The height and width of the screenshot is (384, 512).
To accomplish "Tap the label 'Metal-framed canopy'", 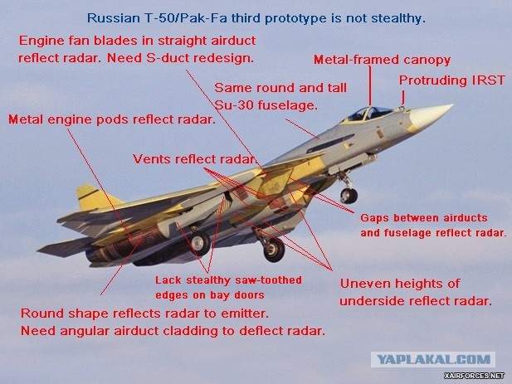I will tap(381, 60).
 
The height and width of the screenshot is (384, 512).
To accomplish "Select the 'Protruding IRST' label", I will tap(453, 80).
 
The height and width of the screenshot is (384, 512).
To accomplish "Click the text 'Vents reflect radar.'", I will tap(195, 159).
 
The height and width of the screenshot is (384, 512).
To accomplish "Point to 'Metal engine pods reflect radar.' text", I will tap(111, 119).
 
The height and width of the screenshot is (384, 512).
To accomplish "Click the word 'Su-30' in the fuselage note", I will tap(232, 106).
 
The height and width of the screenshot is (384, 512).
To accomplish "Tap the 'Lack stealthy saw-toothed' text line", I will tap(228, 280).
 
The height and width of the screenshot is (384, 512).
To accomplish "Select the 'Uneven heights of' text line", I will tap(400, 284).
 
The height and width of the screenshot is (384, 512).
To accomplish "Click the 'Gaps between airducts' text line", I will tap(423, 217).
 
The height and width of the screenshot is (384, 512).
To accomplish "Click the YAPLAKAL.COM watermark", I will tap(432, 360).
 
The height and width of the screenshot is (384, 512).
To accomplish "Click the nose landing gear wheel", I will tap(349, 196).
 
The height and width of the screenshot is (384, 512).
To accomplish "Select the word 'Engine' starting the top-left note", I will tap(41, 40).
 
